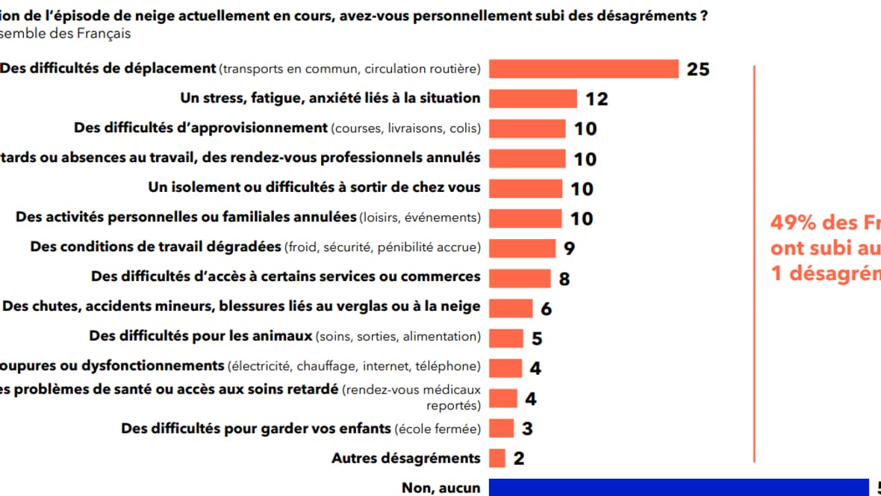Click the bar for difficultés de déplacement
(x=583, y=69)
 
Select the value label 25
(x=698, y=69)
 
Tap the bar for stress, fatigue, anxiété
(x=533, y=99)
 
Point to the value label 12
(x=597, y=99)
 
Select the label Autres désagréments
(x=405, y=458)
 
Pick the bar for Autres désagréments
(x=497, y=458)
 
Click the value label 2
(x=519, y=459)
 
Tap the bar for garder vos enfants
(x=501, y=428)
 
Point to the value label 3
(x=527, y=429)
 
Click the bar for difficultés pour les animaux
(x=506, y=338)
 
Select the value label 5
(x=537, y=338)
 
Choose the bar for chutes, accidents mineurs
(x=511, y=308)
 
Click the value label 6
(x=546, y=309)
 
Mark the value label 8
(x=564, y=279)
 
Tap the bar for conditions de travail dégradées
(x=522, y=248)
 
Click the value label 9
(x=569, y=249)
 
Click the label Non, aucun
(x=441, y=488)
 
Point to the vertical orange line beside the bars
(x=755, y=261)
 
